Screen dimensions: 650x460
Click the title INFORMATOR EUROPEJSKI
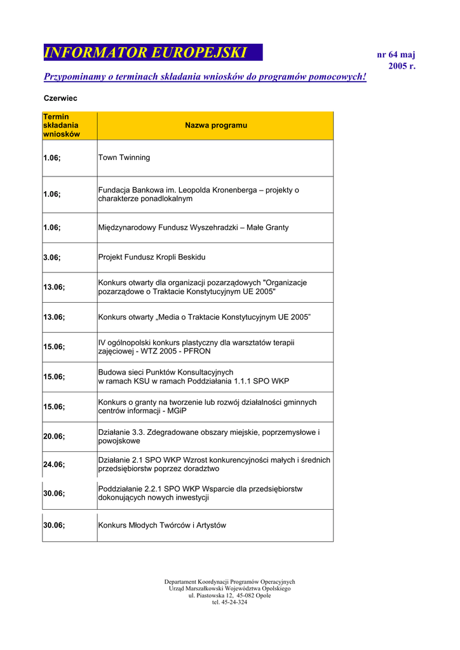coord(145,53)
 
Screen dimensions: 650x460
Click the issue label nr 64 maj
coord(396,55)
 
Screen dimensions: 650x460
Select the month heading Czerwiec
coord(60,98)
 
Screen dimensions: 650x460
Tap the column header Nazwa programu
coord(216,126)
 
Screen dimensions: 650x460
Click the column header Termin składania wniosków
coord(62,126)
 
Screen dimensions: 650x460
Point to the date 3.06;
coord(52,257)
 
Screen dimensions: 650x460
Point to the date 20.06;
coord(54,436)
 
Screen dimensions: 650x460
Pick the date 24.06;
coord(54,464)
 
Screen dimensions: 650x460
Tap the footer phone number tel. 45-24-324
coord(229,602)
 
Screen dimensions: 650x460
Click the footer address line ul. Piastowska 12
coord(229,595)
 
